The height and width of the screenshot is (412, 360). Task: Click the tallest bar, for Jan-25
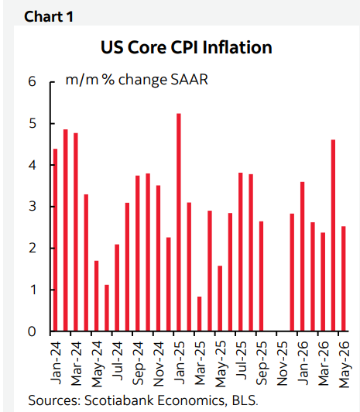pos(179,222)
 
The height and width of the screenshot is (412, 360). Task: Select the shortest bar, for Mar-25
pos(199,314)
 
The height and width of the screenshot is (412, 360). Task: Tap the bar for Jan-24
pos(55,239)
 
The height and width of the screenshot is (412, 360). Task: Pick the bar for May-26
pos(344,279)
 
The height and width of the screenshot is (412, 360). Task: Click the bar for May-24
pos(96,296)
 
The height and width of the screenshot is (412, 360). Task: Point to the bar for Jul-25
pos(241,252)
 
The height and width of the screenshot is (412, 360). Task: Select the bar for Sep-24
pos(138,253)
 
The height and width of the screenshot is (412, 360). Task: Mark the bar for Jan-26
pos(302,256)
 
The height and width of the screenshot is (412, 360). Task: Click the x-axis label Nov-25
pos(283,364)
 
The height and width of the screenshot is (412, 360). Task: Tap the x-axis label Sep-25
pos(262,363)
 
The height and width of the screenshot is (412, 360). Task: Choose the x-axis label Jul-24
pos(118,361)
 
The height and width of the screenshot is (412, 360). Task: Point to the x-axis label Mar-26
pos(324,364)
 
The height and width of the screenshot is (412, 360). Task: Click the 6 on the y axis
pos(32,81)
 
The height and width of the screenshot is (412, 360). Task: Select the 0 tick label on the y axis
pos(32,331)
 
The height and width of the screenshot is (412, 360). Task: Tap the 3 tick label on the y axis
pos(32,206)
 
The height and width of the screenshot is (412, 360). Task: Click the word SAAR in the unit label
pos(190,79)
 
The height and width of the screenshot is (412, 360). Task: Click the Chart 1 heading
pos(49,16)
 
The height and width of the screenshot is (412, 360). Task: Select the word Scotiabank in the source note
pos(119,400)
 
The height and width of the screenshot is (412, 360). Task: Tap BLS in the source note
pos(245,400)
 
